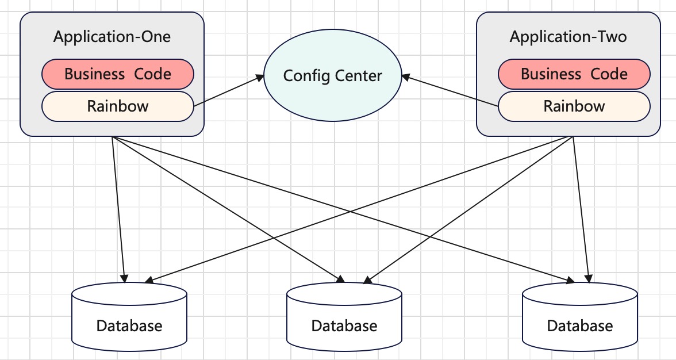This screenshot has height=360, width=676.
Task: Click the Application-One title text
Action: point(112,37)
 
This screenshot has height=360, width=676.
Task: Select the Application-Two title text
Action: point(568,37)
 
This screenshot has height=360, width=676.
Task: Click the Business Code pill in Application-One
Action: point(118,74)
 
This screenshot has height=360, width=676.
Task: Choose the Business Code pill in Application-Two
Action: point(574,74)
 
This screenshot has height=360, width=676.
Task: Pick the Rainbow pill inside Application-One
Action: point(118,106)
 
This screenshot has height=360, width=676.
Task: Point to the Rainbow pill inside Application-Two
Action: point(574,106)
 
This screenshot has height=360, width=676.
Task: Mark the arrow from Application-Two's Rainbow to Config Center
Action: point(450,91)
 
